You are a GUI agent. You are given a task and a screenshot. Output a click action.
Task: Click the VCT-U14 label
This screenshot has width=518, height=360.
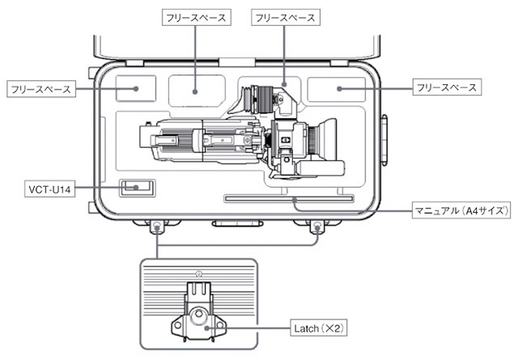click(49, 189)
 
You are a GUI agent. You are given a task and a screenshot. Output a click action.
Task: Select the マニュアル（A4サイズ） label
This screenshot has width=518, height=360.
click(461, 210)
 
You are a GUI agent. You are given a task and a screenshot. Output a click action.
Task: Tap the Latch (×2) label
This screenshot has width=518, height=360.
click(318, 328)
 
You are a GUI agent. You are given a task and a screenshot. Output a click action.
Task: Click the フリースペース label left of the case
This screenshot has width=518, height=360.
click(41, 89)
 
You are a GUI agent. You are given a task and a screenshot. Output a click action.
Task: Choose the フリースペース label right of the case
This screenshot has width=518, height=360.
click(447, 87)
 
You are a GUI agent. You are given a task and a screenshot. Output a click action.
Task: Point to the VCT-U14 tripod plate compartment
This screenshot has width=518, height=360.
click(137, 188)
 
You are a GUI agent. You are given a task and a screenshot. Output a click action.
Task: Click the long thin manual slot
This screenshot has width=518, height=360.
click(289, 199)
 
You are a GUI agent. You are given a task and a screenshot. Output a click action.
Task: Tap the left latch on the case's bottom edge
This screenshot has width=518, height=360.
click(157, 227)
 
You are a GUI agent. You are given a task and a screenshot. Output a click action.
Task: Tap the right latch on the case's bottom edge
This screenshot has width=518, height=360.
click(317, 227)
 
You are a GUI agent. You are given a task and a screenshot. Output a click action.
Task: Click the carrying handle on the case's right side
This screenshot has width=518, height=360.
click(384, 140)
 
